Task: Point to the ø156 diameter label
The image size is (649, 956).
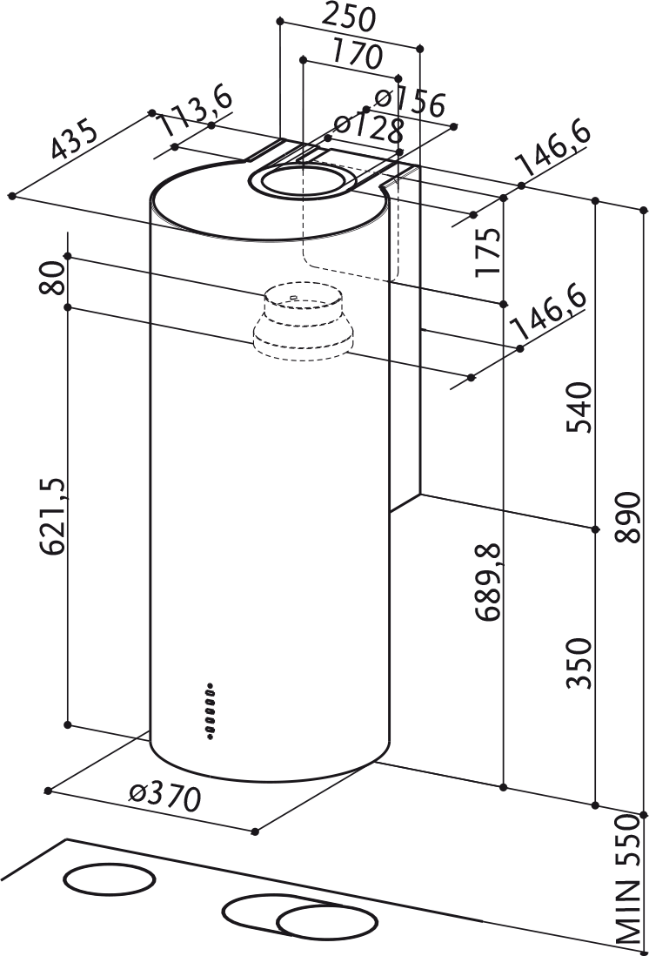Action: pyautogui.click(x=408, y=101)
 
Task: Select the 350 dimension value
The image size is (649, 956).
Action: pyautogui.click(x=579, y=663)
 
